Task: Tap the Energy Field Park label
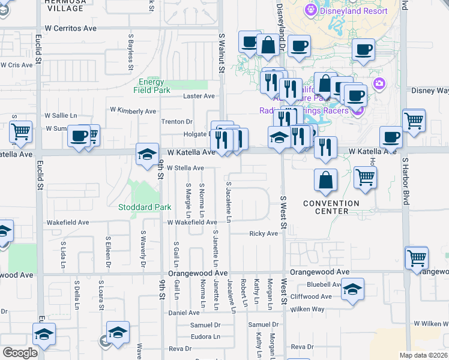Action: (x=151, y=86)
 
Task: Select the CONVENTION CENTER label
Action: (x=331, y=207)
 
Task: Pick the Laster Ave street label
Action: (x=199, y=96)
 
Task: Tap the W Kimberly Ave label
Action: (x=133, y=111)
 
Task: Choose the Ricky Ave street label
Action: (x=264, y=233)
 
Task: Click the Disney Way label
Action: (x=430, y=91)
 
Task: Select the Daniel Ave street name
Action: (x=184, y=313)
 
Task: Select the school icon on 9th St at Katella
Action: (x=147, y=155)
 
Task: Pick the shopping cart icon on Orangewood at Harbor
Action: (x=417, y=258)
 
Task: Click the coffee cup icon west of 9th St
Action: (x=79, y=136)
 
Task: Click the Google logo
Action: (x=20, y=353)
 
